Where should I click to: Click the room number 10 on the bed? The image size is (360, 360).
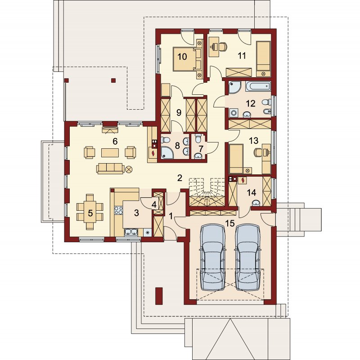tap(182, 57)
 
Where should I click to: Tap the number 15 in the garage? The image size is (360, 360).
tap(230, 223)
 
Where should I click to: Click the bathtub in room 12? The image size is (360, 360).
tap(258, 86)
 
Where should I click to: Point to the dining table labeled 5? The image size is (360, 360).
tap(90, 213)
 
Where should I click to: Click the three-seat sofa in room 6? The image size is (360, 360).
tap(110, 168)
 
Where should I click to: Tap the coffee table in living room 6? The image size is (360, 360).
tap(110, 153)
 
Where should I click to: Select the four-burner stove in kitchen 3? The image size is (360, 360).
tap(119, 210)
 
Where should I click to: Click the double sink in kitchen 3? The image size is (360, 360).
tap(131, 232)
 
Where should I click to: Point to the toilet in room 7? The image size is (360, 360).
tap(198, 138)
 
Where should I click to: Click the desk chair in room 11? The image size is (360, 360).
tap(223, 47)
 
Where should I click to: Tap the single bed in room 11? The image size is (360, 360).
tap(263, 59)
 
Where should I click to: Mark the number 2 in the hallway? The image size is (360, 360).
tap(180, 178)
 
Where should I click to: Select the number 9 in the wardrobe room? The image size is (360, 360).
tap(179, 112)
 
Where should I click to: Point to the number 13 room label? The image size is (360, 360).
tap(253, 141)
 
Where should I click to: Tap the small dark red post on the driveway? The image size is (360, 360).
tap(159, 296)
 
